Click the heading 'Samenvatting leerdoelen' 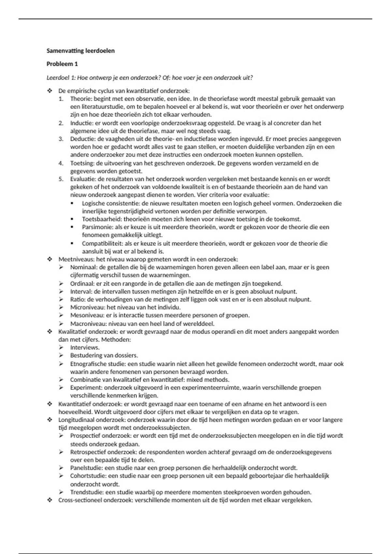click(x=80, y=51)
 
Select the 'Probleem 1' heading click(x=62, y=64)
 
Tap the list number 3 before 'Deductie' click(x=61, y=139)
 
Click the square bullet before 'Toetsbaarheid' click(x=72, y=219)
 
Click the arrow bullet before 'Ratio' click(x=61, y=299)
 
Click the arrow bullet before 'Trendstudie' click(x=61, y=492)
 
